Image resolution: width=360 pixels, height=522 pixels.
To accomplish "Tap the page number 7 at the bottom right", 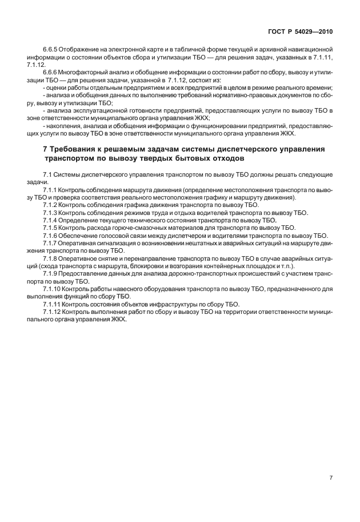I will (x=331, y=478).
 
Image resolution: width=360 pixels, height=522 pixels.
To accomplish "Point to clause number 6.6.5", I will (x=52, y=51).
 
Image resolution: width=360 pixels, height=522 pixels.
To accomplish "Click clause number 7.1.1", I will (x=52, y=189).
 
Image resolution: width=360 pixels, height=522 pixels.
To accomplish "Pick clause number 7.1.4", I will (x=52, y=220).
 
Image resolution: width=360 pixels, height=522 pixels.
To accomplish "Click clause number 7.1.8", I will (x=52, y=258).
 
